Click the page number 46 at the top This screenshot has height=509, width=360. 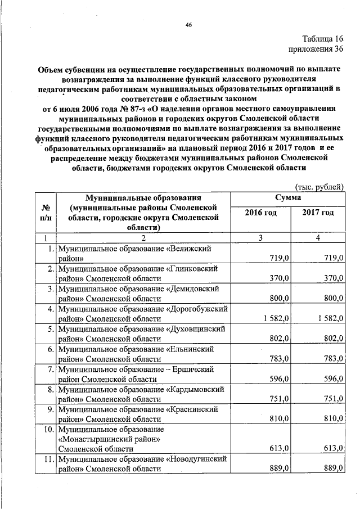pos(188,24)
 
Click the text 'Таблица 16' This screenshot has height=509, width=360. pos(322,39)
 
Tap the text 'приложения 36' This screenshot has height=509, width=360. pos(316,49)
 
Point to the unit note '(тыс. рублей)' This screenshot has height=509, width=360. pos(319,187)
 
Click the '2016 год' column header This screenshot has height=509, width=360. pos(260,213)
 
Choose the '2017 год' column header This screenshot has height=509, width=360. pos(318,213)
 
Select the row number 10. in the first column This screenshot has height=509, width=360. pos(49,430)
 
